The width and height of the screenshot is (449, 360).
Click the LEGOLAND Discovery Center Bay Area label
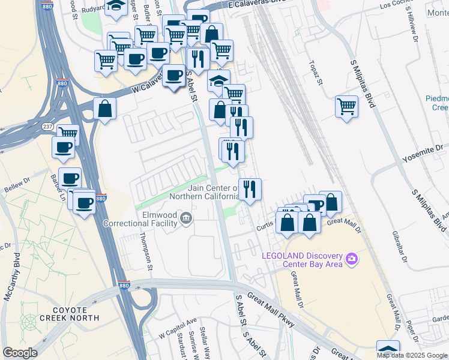pyautogui.click(x=303, y=259)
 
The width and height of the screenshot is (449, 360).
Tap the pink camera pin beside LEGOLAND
pyautogui.click(x=351, y=259)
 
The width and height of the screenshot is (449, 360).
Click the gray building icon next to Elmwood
pyautogui.click(x=186, y=218)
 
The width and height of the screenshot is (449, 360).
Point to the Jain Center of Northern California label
pyautogui.click(x=205, y=192)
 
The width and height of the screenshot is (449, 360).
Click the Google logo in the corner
pyautogui.click(x=20, y=353)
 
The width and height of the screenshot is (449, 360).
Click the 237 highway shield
pyautogui.click(x=48, y=127)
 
